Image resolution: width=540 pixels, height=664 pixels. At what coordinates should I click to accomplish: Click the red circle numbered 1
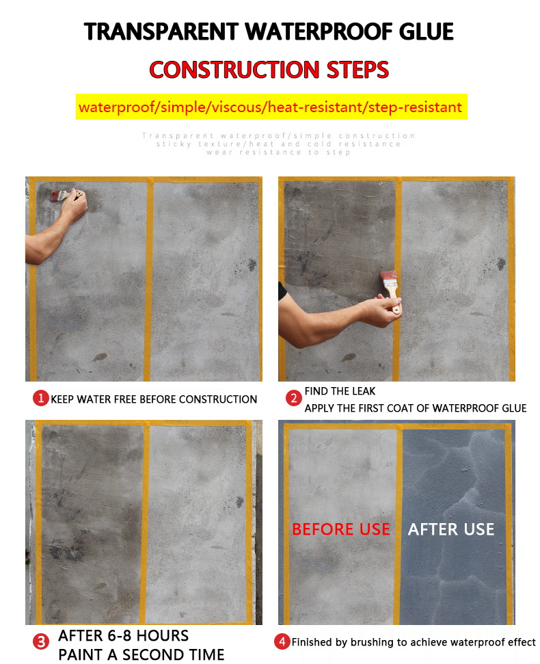(x=41, y=398)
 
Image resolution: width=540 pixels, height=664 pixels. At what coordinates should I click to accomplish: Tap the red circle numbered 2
(x=293, y=398)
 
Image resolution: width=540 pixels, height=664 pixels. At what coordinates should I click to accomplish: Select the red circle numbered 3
(x=41, y=641)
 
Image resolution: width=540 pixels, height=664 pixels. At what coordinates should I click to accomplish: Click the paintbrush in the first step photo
(x=59, y=196)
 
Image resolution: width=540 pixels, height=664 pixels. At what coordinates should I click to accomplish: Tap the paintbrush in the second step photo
(x=390, y=284)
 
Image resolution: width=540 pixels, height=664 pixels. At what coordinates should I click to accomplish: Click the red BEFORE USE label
(x=341, y=529)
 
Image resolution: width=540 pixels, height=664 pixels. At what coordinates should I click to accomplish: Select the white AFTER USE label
(x=451, y=529)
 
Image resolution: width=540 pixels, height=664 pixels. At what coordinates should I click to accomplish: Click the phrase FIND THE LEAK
(x=340, y=391)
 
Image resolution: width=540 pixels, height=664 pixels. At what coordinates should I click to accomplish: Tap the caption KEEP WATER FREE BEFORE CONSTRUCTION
(x=154, y=399)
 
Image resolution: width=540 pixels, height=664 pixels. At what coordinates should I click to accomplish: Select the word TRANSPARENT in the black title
(x=162, y=31)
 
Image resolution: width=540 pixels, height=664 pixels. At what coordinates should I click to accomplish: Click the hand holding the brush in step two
(x=380, y=308)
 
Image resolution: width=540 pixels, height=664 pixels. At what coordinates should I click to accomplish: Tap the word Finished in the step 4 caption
(x=314, y=642)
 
